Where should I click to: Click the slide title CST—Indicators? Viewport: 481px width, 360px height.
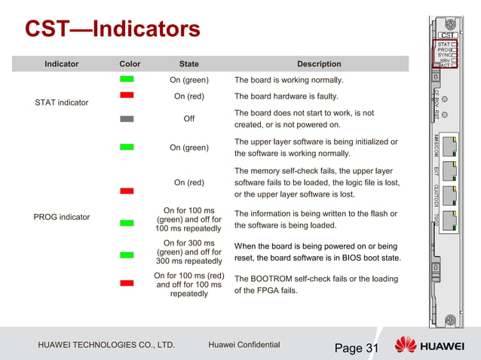pos(112,29)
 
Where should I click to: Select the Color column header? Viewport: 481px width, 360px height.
pos(130,64)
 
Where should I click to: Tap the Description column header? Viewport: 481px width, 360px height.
pos(319,64)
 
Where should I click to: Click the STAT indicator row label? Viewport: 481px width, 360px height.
pos(62,102)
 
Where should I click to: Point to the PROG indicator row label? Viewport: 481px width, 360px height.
pos(62,217)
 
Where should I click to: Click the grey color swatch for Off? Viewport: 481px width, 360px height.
pos(127,118)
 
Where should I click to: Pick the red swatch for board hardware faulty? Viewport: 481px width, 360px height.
pos(127,95)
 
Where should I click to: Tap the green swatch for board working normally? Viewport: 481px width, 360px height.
pos(127,78)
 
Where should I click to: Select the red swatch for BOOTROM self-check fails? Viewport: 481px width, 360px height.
pos(127,282)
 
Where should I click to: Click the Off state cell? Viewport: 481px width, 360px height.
pos(189,119)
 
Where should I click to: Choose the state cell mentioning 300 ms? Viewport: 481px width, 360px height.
pos(189,252)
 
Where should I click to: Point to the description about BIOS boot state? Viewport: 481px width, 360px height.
pos(316,252)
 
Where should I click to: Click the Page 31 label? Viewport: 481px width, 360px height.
pos(357,348)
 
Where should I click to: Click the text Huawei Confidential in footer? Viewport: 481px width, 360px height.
pos(244,345)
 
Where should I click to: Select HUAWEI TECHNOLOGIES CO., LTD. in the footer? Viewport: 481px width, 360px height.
pos(106,346)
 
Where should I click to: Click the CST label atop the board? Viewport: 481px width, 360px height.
pos(448,35)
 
